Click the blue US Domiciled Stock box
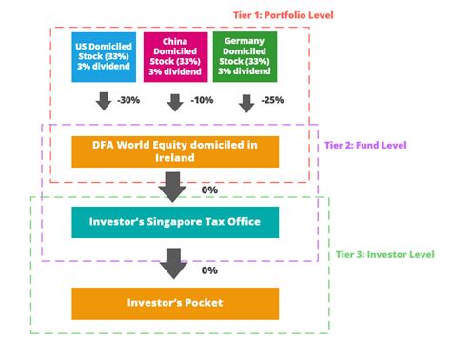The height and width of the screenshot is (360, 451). point(105,57)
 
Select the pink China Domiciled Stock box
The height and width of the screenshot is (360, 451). point(175,57)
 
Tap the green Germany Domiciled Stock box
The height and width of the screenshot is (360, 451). point(245,57)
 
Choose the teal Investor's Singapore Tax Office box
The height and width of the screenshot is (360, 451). point(175,222)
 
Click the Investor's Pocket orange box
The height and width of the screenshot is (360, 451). point(175,303)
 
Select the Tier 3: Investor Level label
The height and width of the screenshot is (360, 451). point(384,254)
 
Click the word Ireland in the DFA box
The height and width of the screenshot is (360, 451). point(174,160)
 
